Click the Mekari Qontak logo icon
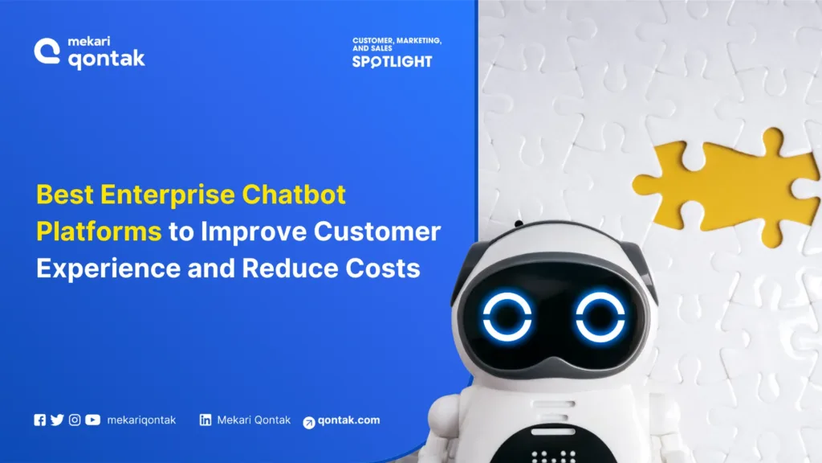(x=46, y=51)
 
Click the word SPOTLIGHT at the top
(x=392, y=62)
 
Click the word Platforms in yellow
(x=99, y=231)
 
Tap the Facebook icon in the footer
(x=40, y=420)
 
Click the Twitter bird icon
(x=57, y=420)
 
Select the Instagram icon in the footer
(x=75, y=420)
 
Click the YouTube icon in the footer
(x=93, y=420)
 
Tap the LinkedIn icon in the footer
(x=205, y=420)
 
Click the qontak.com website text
(x=349, y=420)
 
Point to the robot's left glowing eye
(x=507, y=315)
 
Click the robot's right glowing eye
(x=600, y=315)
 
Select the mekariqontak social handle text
(x=141, y=420)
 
